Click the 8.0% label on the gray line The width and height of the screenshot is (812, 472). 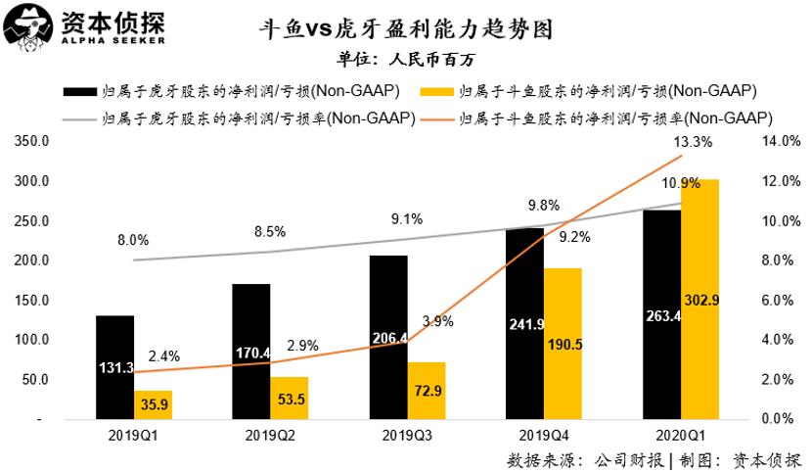[133, 240]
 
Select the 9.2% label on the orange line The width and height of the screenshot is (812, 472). [574, 236]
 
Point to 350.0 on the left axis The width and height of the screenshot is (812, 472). [33, 142]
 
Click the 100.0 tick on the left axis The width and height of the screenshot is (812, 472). [33, 340]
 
